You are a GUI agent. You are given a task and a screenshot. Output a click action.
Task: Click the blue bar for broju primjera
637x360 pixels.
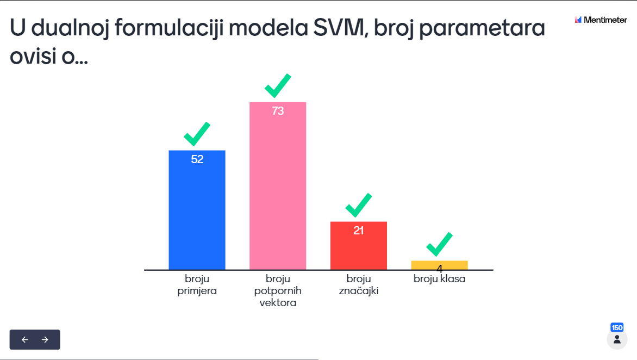point(197,210)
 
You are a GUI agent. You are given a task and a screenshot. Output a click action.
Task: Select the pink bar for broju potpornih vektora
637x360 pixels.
point(278,186)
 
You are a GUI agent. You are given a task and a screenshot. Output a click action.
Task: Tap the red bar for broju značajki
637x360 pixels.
point(359,246)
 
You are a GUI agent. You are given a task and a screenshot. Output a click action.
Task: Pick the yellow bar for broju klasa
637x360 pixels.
point(440,265)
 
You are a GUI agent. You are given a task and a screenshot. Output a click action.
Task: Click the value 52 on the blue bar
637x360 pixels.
point(197,159)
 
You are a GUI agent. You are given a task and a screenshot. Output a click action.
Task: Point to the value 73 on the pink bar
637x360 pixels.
point(278,111)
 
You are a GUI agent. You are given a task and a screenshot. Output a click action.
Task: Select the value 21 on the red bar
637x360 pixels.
point(358,231)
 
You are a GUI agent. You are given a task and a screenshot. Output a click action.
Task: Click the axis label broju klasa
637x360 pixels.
point(440,279)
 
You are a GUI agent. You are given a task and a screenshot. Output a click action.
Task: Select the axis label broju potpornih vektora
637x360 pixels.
point(278,290)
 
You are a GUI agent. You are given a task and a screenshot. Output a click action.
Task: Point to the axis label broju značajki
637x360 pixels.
point(359,285)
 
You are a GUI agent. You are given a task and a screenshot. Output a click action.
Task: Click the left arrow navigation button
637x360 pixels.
point(25,340)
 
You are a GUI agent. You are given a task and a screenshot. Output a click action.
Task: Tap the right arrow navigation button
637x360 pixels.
point(45,340)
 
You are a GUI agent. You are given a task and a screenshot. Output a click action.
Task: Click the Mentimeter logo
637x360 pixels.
point(601,20)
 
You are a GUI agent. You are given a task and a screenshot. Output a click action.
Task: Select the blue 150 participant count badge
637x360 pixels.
point(617,327)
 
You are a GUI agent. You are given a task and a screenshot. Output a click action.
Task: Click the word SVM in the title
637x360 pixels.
point(339,28)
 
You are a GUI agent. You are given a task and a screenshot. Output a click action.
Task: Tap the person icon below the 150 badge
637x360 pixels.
point(617,340)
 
